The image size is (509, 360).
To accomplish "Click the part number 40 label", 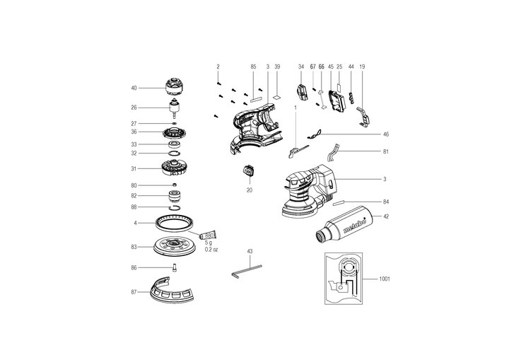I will [134, 88].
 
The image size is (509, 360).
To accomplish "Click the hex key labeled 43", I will [246, 271].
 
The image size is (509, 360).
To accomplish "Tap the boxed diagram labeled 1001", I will [347, 279].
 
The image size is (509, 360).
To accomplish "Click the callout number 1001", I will [385, 279].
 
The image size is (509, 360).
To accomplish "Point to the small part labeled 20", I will [249, 172].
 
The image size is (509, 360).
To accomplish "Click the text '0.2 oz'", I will [212, 250].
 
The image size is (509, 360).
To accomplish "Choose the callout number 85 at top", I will [253, 66].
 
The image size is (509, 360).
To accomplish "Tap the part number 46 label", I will [385, 134].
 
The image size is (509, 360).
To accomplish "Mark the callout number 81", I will [385, 151].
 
